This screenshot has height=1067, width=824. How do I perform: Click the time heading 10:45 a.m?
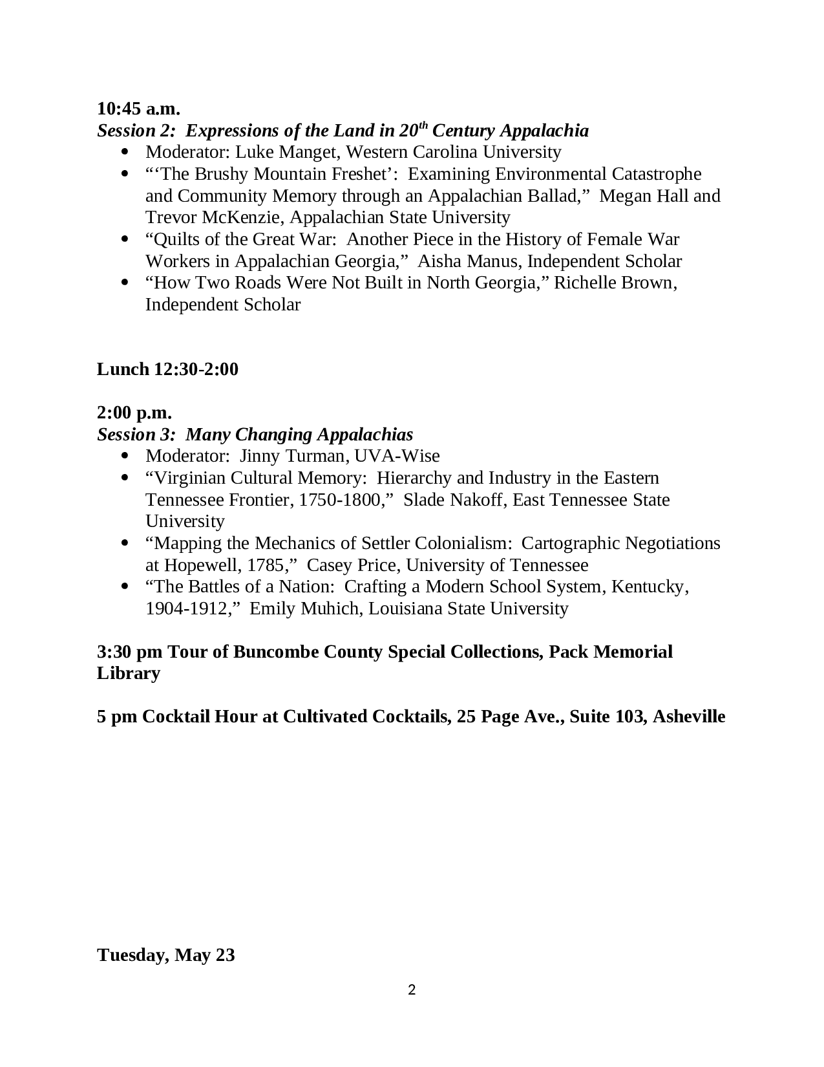[138, 108]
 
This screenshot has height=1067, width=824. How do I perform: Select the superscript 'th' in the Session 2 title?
[423, 124]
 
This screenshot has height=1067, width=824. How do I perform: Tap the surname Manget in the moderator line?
[304, 152]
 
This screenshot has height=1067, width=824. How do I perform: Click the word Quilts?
[173, 239]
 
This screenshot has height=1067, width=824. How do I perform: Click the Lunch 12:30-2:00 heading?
[167, 369]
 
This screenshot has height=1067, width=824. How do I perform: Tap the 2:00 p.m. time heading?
[134, 413]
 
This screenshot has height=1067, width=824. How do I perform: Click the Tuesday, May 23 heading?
[166, 955]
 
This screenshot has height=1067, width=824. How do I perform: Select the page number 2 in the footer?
[412, 989]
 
